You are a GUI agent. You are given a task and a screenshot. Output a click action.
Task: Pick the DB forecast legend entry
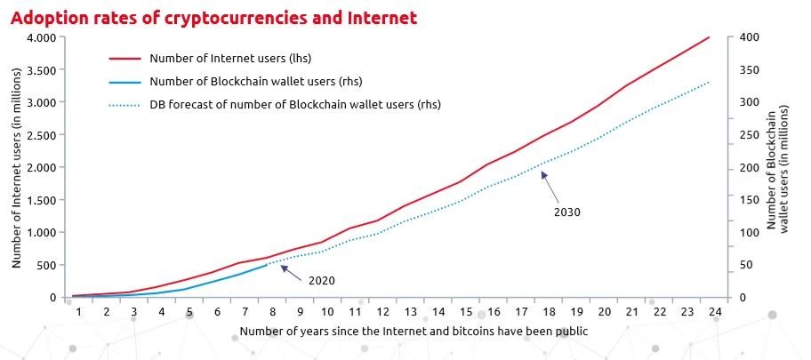tap(295, 104)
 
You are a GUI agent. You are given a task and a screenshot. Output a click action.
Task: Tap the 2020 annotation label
tap(321, 280)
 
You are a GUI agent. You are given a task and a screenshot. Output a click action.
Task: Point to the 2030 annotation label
tap(567, 212)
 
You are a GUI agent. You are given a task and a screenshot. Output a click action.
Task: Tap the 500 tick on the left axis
tap(46, 265)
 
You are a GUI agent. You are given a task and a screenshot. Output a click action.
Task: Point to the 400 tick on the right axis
tap(748, 37)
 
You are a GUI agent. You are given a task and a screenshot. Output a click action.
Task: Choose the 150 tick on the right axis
tap(748, 200)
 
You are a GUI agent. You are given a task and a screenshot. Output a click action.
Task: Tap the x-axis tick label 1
tap(78, 312)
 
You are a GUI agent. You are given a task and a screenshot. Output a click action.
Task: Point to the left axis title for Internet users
tap(17, 167)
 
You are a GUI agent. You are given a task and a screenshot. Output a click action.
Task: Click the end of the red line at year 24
tap(709, 37)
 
